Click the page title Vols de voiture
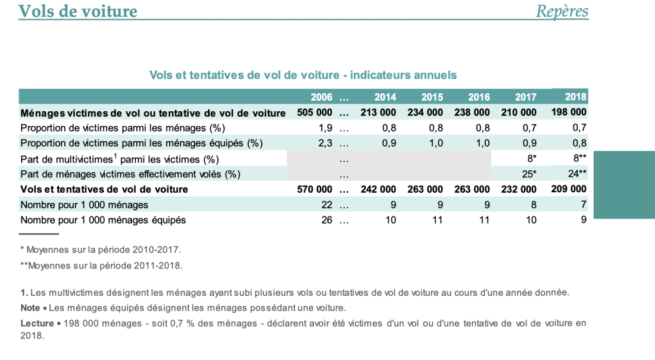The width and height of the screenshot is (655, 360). [78, 11]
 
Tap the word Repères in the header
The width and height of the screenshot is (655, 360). [562, 11]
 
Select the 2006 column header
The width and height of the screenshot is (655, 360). [321, 98]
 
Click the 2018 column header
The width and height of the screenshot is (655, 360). [576, 97]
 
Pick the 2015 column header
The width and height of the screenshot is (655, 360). [432, 98]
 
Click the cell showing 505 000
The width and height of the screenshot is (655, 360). [314, 112]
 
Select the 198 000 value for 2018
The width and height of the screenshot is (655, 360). [569, 112]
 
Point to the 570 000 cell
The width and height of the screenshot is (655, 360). [314, 189]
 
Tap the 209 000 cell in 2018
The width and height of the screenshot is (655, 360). [569, 189]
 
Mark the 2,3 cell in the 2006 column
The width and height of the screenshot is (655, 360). [325, 143]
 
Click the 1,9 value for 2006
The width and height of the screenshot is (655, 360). [325, 128]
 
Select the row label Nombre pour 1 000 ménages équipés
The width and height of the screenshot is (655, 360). [103, 220]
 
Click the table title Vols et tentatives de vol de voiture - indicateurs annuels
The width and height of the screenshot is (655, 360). [303, 75]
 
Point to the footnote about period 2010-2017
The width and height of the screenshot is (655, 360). [101, 250]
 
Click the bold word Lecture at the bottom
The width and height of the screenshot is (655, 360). [37, 323]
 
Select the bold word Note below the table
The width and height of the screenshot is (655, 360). [30, 308]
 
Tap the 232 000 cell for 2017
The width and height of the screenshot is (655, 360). [519, 189]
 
